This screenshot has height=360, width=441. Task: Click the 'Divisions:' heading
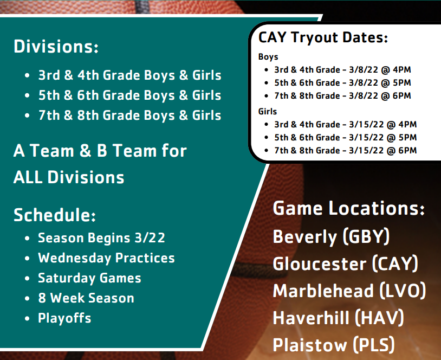click(x=56, y=46)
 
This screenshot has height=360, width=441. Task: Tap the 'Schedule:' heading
click(x=55, y=215)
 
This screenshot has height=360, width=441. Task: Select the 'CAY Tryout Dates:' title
click(x=323, y=37)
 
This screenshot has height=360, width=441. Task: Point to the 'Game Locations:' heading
click(x=349, y=208)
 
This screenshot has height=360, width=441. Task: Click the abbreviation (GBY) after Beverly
click(x=366, y=236)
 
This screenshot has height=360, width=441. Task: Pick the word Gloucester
click(x=320, y=263)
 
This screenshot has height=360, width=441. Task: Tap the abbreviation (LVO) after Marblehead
click(x=403, y=291)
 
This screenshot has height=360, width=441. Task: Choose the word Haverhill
click(x=311, y=318)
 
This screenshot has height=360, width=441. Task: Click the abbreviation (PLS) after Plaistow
click(x=374, y=345)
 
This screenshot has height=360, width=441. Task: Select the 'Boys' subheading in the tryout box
click(x=268, y=56)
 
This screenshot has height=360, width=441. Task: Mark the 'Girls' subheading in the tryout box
click(x=268, y=112)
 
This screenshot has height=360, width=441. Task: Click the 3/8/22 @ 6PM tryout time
click(x=380, y=96)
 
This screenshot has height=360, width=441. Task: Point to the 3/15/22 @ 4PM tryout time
click(x=383, y=124)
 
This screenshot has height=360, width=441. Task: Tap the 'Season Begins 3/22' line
click(x=101, y=238)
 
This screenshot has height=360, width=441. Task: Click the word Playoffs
click(x=64, y=318)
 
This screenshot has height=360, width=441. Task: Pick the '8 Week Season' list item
click(x=86, y=298)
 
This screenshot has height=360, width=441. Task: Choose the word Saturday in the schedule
click(x=67, y=278)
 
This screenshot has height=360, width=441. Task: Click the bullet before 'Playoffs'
click(x=27, y=319)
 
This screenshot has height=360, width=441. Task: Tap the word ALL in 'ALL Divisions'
click(x=28, y=177)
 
